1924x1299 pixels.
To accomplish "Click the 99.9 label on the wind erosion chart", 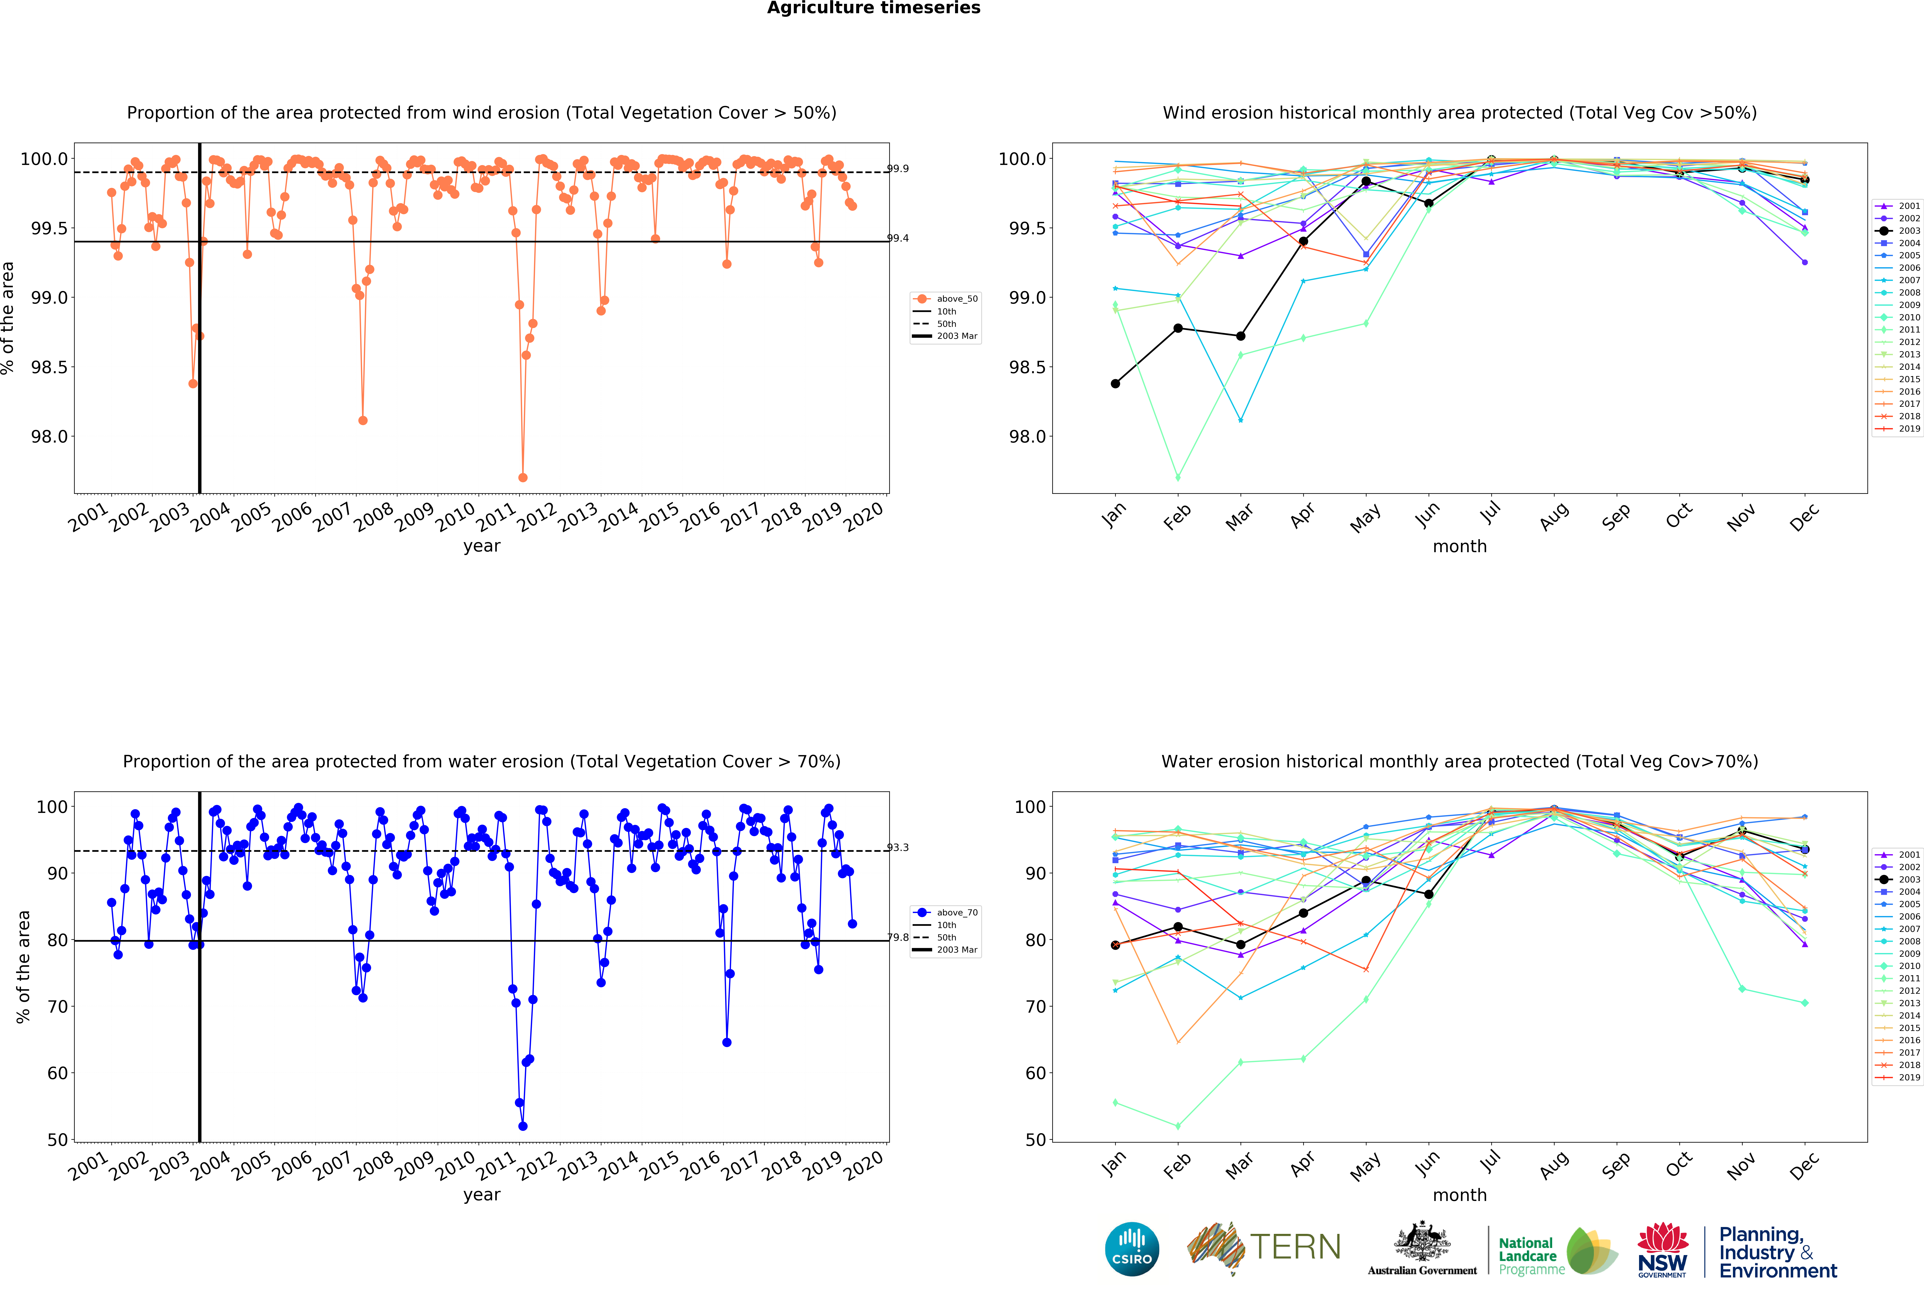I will click(x=897, y=169).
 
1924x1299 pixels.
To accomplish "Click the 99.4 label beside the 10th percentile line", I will click(x=897, y=238).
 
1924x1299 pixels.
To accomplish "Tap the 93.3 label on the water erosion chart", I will click(x=897, y=847).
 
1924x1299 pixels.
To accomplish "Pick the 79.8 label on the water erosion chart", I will click(x=897, y=937).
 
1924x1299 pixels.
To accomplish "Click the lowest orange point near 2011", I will click(x=522, y=477).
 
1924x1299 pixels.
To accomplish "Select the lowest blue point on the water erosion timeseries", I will click(x=522, y=1126).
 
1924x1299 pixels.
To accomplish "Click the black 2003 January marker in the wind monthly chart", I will click(x=1115, y=383).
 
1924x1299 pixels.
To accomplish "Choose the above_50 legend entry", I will click(x=956, y=299).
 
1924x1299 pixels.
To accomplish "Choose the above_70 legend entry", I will click(x=956, y=913).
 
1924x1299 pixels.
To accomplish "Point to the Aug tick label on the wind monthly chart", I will click(x=1553, y=515).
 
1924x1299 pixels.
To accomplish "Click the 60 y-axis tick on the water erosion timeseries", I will click(x=57, y=1073).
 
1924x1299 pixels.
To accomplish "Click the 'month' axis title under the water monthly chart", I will click(x=1460, y=1195).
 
